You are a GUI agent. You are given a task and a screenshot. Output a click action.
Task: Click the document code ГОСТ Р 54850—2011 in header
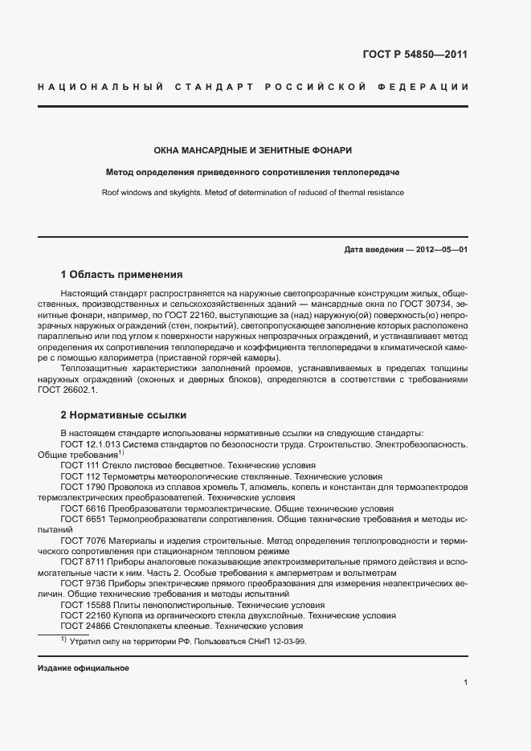point(415,55)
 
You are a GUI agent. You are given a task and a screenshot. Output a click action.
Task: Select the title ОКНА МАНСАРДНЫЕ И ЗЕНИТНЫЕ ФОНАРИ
point(252,150)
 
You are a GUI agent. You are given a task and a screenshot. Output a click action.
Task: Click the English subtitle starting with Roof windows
point(252,193)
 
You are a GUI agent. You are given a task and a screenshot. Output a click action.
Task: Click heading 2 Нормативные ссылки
point(124,415)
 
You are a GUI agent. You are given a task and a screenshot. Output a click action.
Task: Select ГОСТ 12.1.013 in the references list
point(90,443)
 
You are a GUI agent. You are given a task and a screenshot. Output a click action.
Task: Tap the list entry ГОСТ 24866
point(86,626)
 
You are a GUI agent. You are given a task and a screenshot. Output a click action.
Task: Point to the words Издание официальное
point(84,668)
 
